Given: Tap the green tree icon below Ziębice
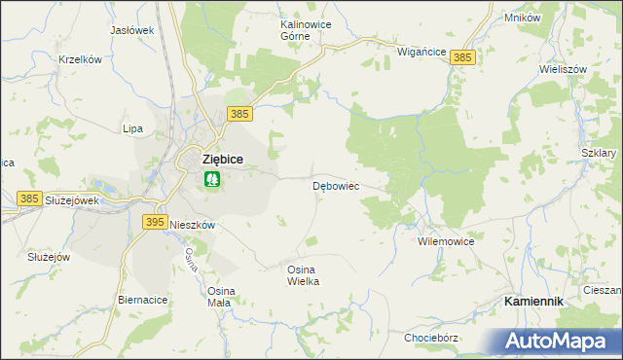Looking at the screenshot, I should [x=212, y=179].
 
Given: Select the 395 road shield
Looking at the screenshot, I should [x=154, y=223].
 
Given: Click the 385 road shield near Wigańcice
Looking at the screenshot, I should [x=462, y=58].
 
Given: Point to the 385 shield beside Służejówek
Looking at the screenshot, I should [x=29, y=198].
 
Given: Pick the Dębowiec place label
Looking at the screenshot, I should [x=337, y=185].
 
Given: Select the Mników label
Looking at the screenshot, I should [x=523, y=18].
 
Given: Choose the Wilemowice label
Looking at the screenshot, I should [x=445, y=240].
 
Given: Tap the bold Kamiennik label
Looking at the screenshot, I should [x=533, y=302].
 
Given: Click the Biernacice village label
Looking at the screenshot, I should [x=142, y=300].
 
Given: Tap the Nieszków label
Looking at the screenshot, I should [x=192, y=224].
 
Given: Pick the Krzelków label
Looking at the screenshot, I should [x=81, y=59].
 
